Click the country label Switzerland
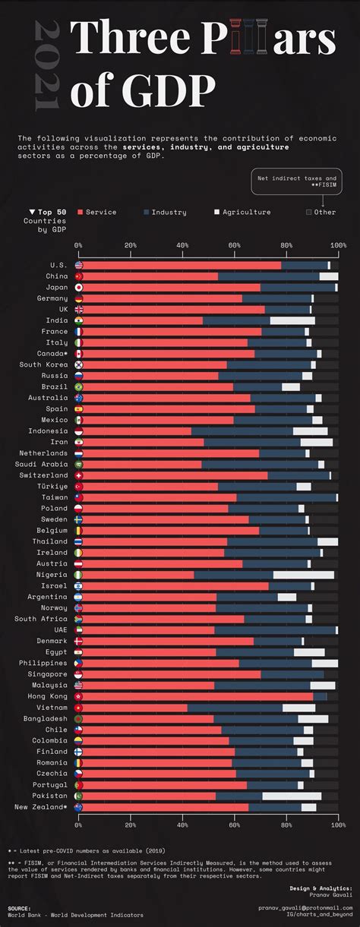pyautogui.click(x=46, y=475)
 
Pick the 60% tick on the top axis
pyautogui.click(x=234, y=245)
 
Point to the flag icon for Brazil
pyautogui.click(x=79, y=387)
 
